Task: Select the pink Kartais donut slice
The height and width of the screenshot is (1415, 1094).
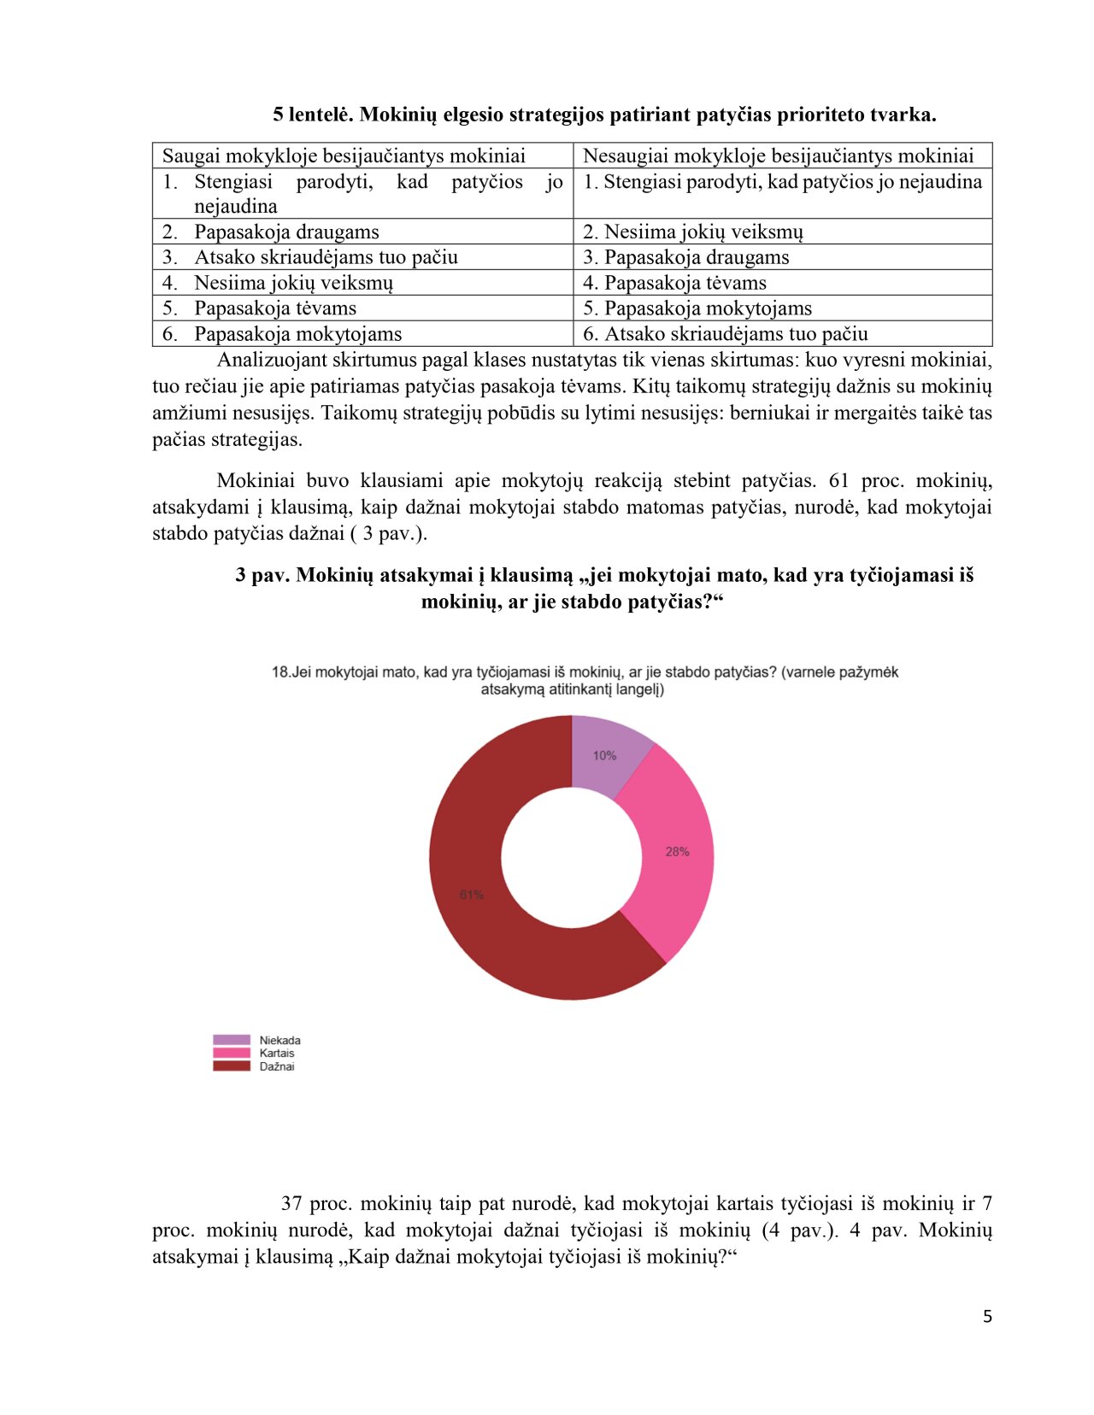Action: [675, 854]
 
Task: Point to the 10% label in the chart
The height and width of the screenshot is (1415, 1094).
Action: [604, 755]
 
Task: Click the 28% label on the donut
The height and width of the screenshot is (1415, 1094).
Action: [677, 852]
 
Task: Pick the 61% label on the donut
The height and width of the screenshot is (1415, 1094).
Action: [472, 895]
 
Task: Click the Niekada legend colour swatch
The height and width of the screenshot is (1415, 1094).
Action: [232, 1040]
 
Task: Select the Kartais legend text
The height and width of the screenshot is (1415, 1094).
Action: [277, 1054]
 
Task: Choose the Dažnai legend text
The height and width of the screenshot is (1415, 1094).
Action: [277, 1066]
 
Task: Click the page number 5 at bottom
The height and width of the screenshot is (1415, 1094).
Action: [987, 1317]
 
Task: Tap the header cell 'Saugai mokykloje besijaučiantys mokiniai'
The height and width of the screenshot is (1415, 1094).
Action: [344, 156]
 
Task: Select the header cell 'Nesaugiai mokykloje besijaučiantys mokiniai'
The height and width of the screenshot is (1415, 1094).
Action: [778, 156]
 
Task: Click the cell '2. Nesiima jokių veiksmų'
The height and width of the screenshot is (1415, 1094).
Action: [692, 232]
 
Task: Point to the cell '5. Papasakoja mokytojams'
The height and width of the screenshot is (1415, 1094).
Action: [697, 308]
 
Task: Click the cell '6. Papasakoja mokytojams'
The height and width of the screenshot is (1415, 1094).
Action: [297, 334]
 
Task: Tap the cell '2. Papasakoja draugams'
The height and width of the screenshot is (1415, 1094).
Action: [286, 232]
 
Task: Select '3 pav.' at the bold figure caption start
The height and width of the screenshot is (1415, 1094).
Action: [262, 575]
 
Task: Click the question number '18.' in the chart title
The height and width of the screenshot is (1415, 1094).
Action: [281, 672]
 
